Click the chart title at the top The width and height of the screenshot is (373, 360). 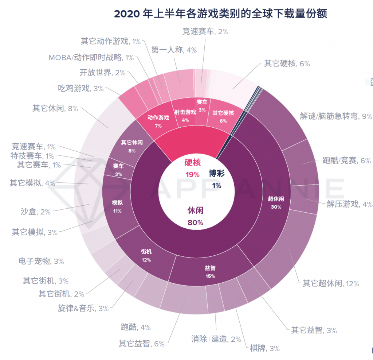(x=220, y=13)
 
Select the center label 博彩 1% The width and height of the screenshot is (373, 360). (x=217, y=179)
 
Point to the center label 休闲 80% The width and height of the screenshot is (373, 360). (x=195, y=216)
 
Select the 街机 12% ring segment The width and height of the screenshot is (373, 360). (x=146, y=255)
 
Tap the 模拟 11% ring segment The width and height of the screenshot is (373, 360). (x=117, y=206)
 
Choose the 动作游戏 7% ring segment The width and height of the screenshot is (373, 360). (x=158, y=121)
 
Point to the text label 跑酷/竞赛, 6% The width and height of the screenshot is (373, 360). (x=346, y=160)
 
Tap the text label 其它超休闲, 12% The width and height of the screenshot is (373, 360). (x=331, y=283)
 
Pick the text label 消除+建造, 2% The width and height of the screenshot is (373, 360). (x=216, y=339)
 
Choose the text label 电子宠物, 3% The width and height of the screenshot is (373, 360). (x=41, y=261)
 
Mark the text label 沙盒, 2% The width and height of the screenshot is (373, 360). (x=36, y=212)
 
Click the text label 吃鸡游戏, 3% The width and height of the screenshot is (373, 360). (x=81, y=88)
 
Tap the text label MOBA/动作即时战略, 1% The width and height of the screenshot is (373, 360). (x=91, y=57)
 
